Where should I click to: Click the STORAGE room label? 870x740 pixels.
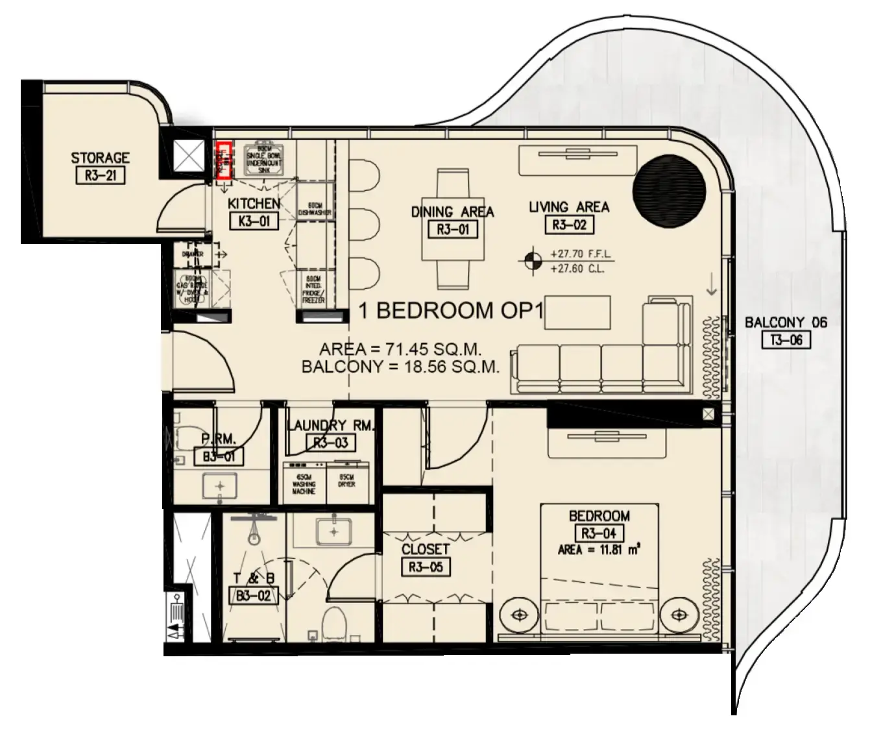[100, 158]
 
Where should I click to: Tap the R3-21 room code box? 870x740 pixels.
[100, 175]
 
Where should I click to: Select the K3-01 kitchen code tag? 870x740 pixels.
[254, 221]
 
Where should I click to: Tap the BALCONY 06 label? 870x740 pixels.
[786, 323]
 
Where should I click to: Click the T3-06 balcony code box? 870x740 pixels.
[786, 339]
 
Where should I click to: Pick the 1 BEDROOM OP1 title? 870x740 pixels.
[450, 311]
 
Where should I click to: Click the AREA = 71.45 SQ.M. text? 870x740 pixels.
[400, 349]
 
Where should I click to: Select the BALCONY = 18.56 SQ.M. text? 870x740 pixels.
[400, 367]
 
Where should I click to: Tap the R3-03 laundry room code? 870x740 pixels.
[331, 443]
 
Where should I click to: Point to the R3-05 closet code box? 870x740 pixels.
[426, 567]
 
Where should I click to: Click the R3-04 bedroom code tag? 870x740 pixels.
[599, 534]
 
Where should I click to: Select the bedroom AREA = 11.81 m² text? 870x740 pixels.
[599, 550]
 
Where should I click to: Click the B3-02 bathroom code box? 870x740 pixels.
[253, 595]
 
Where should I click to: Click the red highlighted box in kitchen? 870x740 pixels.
[224, 160]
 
